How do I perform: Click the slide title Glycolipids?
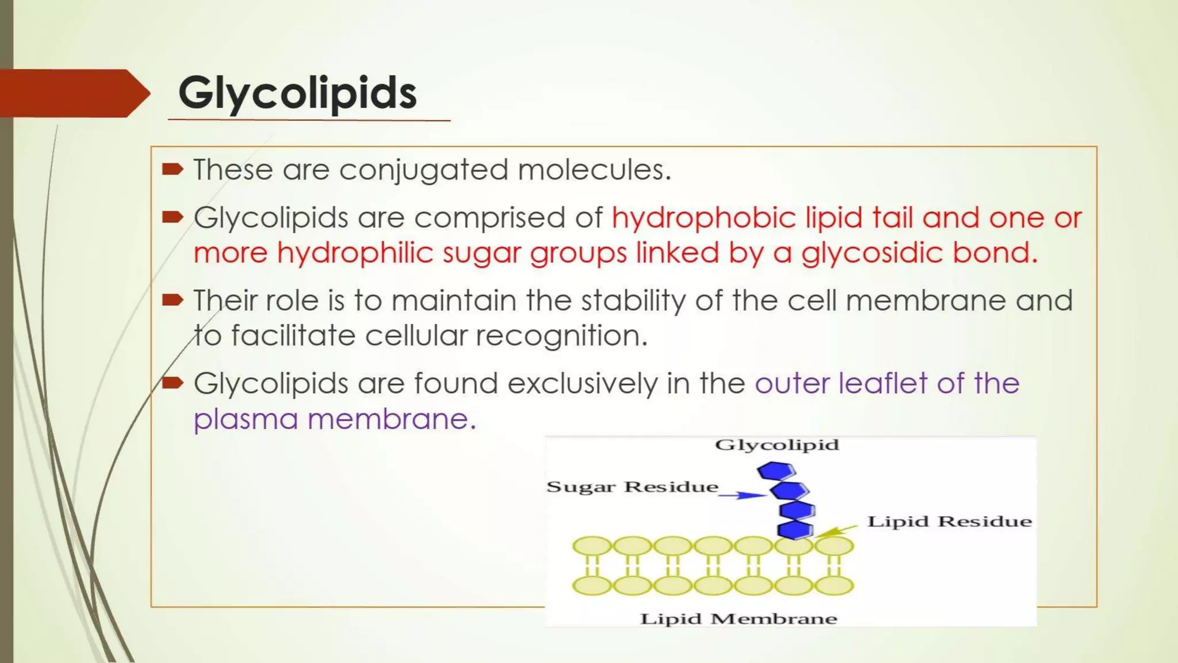(x=297, y=93)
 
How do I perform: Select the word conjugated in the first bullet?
(x=423, y=170)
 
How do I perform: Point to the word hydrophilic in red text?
(x=354, y=253)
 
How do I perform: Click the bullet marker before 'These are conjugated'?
(x=173, y=169)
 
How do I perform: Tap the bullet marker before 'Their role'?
(x=173, y=300)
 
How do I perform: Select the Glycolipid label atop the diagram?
(x=777, y=445)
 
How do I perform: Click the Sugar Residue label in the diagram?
(x=632, y=487)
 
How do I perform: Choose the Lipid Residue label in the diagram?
(x=949, y=521)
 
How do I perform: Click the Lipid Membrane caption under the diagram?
(x=739, y=619)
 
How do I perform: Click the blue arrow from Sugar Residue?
(x=743, y=495)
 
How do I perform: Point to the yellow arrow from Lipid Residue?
(x=836, y=531)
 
